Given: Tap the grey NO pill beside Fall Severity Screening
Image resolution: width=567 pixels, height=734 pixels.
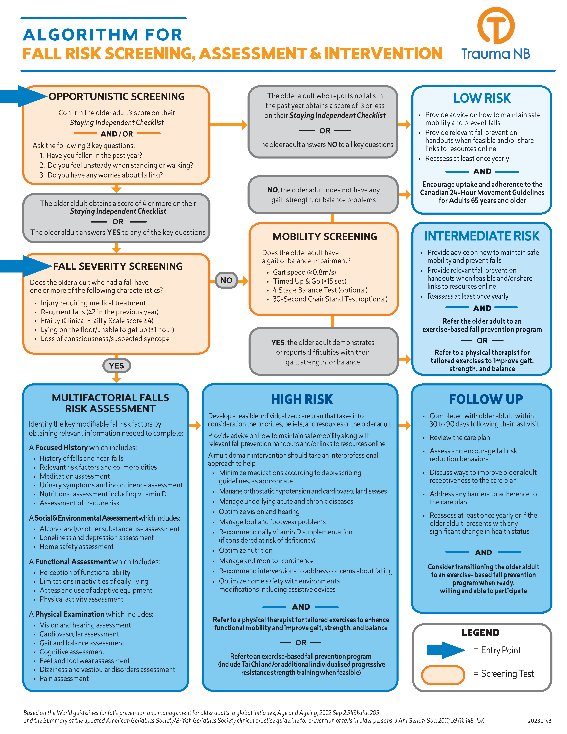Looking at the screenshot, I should click(x=226, y=280).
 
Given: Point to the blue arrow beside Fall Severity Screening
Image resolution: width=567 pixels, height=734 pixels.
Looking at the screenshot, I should click(x=25, y=266).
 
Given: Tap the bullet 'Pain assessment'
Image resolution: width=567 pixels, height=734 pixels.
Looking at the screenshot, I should click(x=64, y=679).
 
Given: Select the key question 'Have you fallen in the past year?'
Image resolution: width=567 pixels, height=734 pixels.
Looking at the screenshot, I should click(x=94, y=155).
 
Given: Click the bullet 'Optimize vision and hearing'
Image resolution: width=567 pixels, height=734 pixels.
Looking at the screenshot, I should click(x=259, y=511).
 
